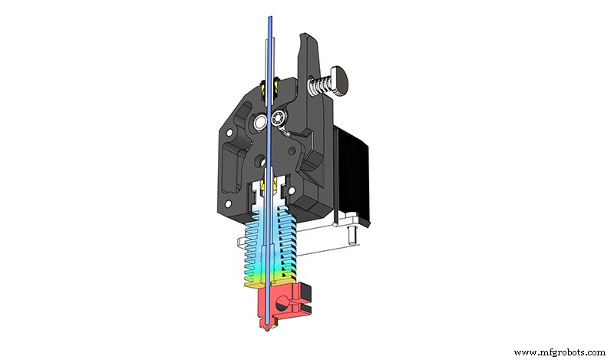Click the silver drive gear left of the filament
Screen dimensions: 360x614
point(262,121)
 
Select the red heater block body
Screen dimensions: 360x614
point(276,307)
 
